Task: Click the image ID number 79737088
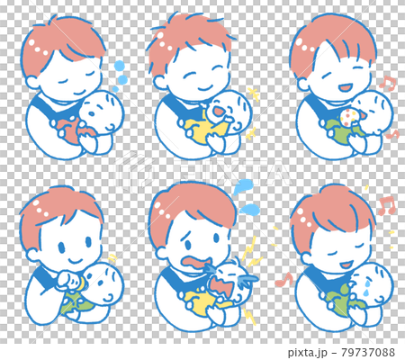click(x=365, y=352)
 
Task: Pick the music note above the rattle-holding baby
click(x=388, y=83)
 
